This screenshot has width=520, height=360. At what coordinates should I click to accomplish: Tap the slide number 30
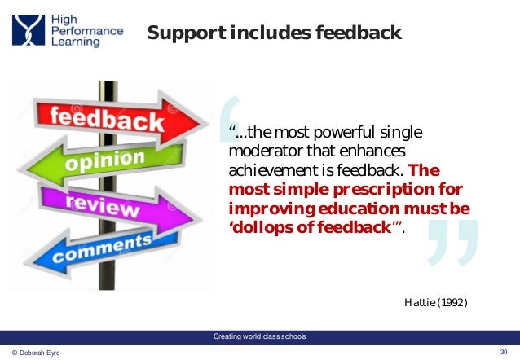click(503, 351)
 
